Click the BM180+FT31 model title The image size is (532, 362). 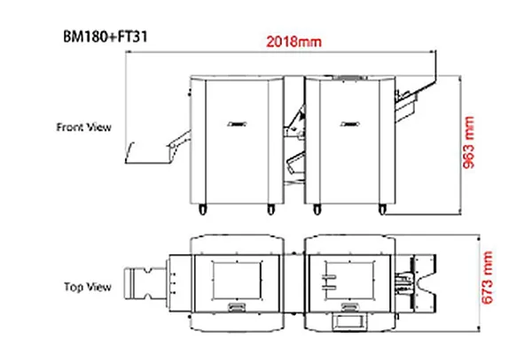pyautogui.click(x=106, y=36)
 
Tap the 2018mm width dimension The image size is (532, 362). pyautogui.click(x=293, y=42)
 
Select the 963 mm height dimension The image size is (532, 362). pyautogui.click(x=468, y=142)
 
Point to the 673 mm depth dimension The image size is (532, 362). pyautogui.click(x=487, y=277)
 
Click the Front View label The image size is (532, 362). pyautogui.click(x=84, y=127)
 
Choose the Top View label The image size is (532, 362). pyautogui.click(x=88, y=287)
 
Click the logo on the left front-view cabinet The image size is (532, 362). pyautogui.click(x=237, y=124)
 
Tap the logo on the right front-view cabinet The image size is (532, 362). pyautogui.click(x=350, y=124)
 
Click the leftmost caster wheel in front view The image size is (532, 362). pyautogui.click(x=202, y=210)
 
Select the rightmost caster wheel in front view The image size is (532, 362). pyautogui.click(x=382, y=210)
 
